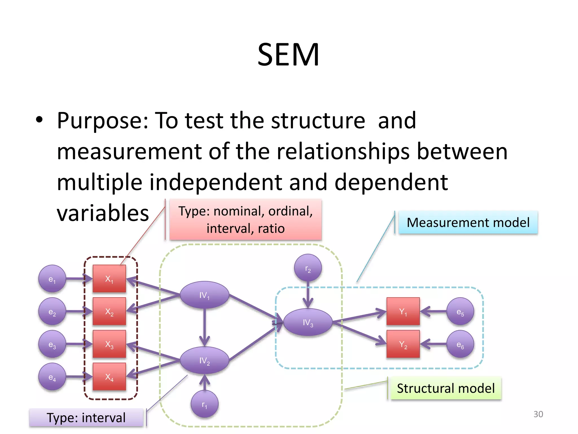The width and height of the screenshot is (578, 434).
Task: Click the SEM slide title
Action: [288, 55]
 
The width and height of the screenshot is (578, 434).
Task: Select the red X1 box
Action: [109, 279]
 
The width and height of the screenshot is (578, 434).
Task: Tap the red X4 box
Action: [109, 377]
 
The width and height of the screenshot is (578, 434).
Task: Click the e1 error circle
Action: [52, 279]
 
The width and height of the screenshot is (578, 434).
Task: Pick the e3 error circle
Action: [52, 344]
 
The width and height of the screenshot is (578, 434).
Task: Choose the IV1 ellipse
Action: [204, 295]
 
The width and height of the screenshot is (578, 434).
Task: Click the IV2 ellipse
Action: [204, 360]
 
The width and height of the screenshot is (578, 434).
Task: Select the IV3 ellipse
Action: [308, 322]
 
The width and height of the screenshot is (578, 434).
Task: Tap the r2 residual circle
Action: [308, 268]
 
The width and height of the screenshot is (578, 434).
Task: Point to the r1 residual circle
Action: [204, 404]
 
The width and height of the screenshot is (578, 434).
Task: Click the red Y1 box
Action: [403, 311]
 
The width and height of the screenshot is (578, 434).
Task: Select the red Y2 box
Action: [403, 344]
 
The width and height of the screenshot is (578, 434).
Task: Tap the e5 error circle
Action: [460, 311]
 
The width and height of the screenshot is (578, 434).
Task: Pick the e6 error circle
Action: [460, 344]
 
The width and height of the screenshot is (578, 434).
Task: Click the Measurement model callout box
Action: [468, 223]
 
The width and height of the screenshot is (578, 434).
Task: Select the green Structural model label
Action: [445, 388]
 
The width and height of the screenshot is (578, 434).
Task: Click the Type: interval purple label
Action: [86, 417]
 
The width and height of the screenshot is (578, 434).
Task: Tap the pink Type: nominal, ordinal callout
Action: [245, 220]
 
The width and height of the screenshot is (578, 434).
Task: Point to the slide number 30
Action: [538, 414]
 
